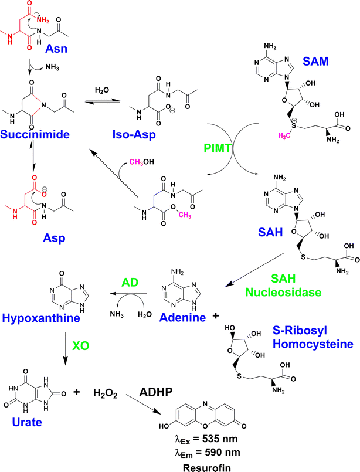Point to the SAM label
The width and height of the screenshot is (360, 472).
click(317, 61)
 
